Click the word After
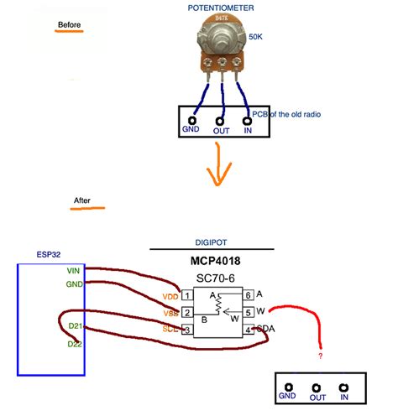pos(82,201)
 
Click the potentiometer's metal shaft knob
pos(222,34)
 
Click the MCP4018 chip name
pos(212,262)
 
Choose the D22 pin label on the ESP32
pos(75,344)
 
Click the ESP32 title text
pos(48,252)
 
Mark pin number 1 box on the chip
pos(186,295)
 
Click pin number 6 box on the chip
pos(249,295)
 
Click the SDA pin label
pos(265,328)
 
